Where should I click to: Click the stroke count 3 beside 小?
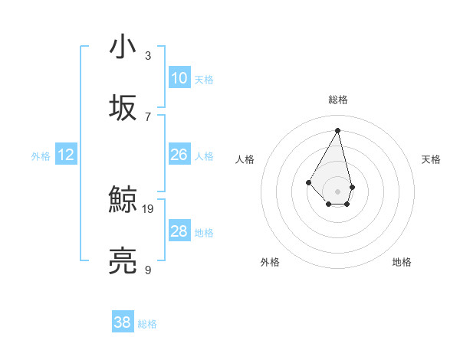148,55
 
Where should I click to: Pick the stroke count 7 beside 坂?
148,116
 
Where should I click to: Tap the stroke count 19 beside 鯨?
149,208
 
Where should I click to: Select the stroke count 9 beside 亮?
148,270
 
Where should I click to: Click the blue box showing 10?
179,78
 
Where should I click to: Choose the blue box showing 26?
179,155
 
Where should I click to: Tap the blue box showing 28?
179,231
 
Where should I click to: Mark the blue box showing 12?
66,155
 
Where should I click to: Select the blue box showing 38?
123,322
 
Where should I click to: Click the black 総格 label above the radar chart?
338,100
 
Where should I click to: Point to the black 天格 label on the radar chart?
432,159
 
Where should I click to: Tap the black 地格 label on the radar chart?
402,262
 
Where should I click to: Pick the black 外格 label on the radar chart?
270,262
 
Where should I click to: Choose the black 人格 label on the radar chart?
245,159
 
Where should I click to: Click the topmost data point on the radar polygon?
338,130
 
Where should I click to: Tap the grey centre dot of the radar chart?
338,191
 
